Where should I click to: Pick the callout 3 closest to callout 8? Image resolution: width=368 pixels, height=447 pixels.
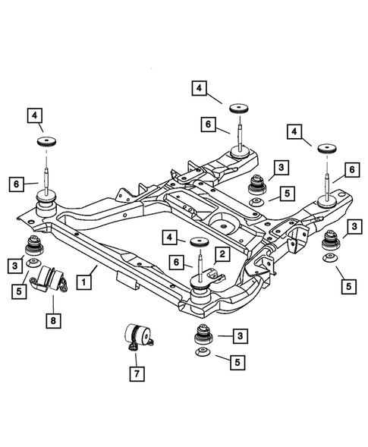[14, 265]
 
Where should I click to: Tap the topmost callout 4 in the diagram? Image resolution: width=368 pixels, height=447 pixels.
[199, 88]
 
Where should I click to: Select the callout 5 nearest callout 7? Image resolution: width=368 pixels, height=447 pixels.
[239, 362]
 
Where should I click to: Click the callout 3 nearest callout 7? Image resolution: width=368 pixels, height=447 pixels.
[239, 335]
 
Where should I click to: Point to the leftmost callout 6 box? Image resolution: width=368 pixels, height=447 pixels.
[14, 183]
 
